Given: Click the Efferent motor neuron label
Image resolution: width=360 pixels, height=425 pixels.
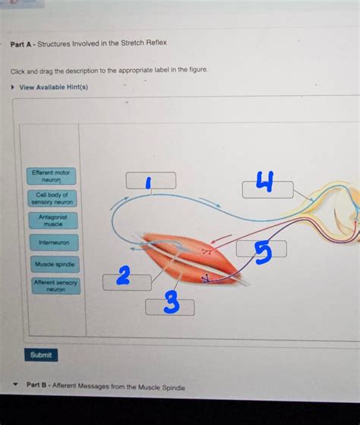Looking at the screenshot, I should [x=52, y=176].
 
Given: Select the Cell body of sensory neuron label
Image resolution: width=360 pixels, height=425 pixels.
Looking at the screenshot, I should [x=52, y=198].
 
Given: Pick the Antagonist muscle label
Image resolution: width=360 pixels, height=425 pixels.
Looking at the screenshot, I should [x=53, y=220].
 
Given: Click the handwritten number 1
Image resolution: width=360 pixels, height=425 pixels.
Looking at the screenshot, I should [x=149, y=181].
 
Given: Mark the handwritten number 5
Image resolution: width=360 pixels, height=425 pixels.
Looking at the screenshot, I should [x=262, y=252].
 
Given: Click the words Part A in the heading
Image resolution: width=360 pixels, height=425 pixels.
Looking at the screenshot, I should [x=21, y=43].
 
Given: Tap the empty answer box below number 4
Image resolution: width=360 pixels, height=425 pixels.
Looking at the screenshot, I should [x=267, y=191].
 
